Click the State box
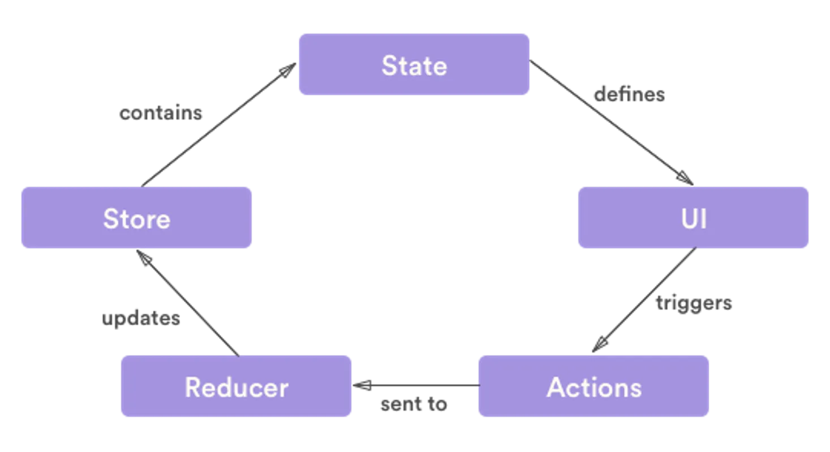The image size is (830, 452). tap(414, 65)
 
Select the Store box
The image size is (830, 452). tap(136, 219)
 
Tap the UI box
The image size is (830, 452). tap(693, 219)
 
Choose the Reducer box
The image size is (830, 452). tap(236, 387)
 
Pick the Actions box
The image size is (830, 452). tap(594, 387)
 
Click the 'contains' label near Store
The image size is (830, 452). tap(160, 114)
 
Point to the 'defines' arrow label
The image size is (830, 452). tap(629, 94)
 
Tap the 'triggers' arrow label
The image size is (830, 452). tap(695, 304)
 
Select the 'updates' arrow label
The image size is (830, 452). tap(141, 319)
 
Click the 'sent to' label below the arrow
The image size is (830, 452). tap(414, 405)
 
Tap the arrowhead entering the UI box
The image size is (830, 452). tap(683, 178)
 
